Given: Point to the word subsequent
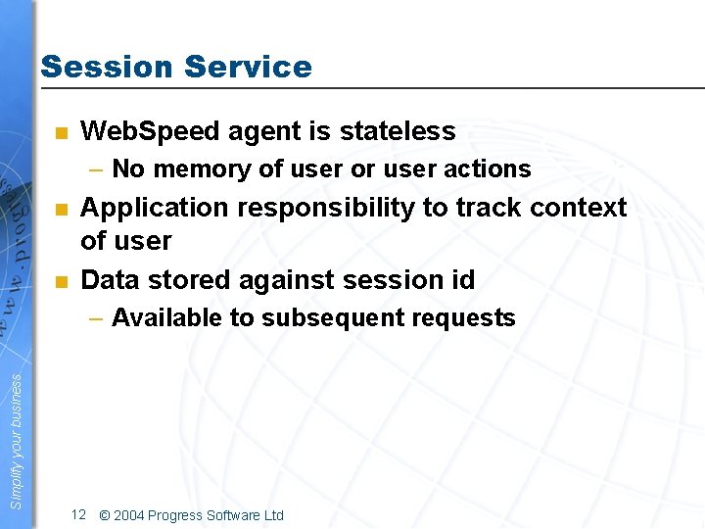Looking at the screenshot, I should tap(325, 318).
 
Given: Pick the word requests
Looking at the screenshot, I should tap(465, 318).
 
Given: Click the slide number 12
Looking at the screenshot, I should tap(79, 515).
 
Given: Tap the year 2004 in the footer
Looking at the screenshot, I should tap(131, 515).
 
